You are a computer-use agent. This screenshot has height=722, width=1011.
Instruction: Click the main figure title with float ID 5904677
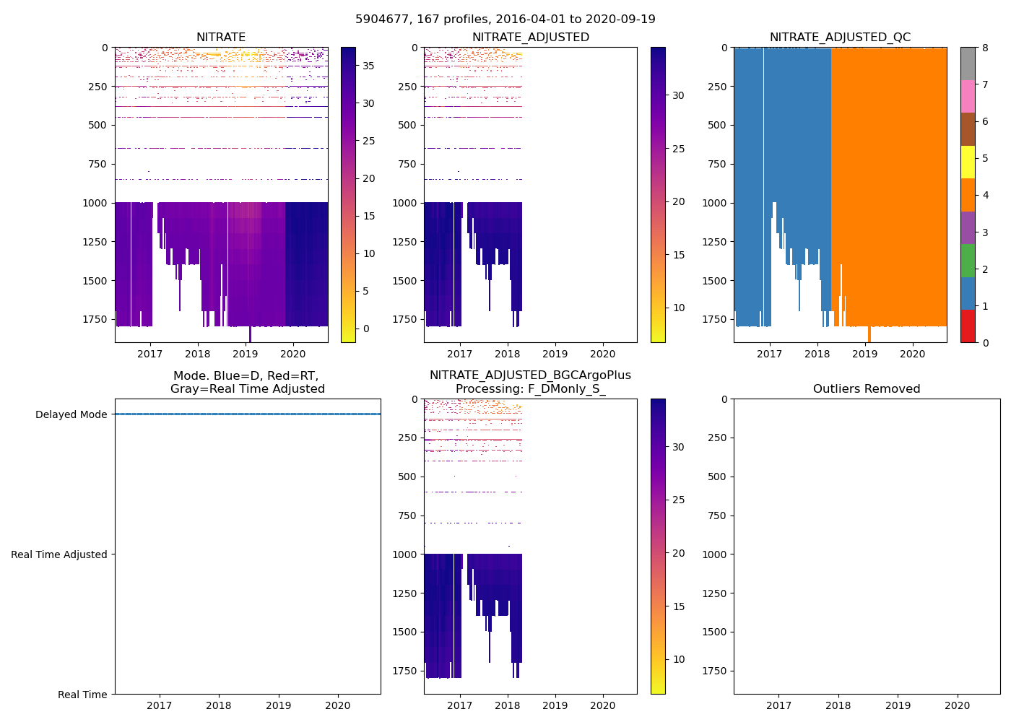pos(506,19)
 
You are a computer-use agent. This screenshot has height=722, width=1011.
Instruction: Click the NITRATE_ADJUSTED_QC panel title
pos(840,38)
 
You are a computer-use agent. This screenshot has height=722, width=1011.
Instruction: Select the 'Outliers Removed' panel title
pos(867,389)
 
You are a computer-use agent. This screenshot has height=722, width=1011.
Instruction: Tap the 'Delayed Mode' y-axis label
pos(71,414)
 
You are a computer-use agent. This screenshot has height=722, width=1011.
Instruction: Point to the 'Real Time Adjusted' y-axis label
pos(58,554)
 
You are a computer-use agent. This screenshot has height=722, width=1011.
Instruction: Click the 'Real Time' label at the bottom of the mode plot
pos(82,695)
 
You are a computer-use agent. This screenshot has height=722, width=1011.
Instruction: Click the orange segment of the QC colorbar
pos(968,195)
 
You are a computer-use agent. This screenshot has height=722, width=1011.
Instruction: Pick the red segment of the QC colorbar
pos(968,326)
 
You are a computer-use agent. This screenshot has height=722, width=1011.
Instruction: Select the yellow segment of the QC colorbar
pos(968,162)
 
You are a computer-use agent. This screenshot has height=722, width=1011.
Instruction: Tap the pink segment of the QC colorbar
pos(968,97)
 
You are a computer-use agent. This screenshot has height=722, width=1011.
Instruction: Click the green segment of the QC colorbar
pos(968,261)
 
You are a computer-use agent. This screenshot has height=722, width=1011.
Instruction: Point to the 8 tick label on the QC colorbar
pos(984,48)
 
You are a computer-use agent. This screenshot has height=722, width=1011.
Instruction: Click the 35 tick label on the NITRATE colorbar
pos(368,66)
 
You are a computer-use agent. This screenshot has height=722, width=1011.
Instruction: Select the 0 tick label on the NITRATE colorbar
pos(366,329)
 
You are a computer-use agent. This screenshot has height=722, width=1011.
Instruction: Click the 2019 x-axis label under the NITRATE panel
pos(246,354)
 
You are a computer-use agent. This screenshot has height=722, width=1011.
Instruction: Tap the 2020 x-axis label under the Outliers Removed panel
pos(958,705)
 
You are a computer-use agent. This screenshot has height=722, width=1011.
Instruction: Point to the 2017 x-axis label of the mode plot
pos(160,705)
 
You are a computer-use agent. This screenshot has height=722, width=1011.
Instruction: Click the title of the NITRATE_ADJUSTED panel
pos(531,38)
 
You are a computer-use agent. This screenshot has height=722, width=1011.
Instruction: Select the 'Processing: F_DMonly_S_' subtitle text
pos(531,389)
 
